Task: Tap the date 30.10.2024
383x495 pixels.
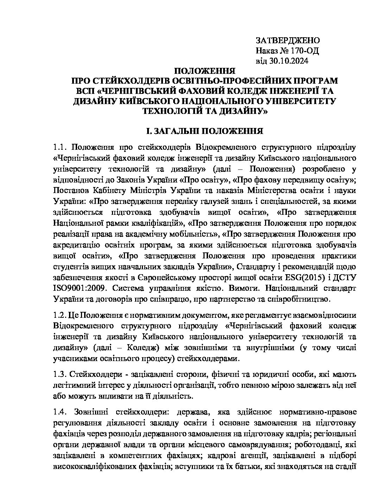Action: click(x=289, y=61)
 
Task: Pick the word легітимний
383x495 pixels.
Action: click(x=74, y=385)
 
